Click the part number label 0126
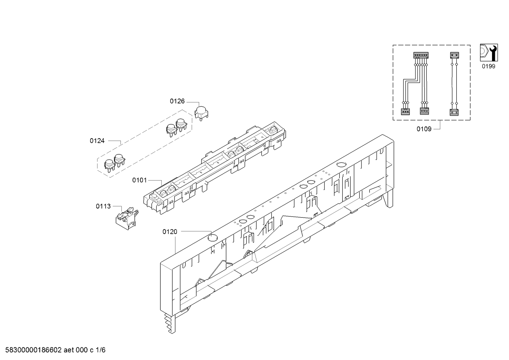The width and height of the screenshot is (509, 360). [177, 101]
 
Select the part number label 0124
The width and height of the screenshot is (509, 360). [97, 141]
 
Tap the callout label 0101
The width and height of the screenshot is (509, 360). [139, 180]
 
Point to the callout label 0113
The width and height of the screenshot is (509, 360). [103, 206]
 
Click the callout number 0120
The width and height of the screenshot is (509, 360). [170, 232]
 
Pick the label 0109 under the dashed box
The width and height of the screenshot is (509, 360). [424, 129]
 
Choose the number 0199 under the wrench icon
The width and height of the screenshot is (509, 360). [489, 66]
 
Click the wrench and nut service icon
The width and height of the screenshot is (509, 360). [489, 53]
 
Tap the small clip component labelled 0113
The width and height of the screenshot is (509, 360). [127, 218]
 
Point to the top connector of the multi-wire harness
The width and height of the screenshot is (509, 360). [421, 55]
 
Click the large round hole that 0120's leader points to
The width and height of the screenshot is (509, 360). [213, 238]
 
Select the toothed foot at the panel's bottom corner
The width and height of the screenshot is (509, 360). [170, 324]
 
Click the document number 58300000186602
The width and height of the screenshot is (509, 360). [33, 350]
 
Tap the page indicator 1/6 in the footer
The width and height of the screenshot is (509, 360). [101, 350]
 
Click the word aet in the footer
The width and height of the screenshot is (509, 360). [68, 350]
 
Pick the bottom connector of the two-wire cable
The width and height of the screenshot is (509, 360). [454, 112]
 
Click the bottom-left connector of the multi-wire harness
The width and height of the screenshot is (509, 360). [405, 112]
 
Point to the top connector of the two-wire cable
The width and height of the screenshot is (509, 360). [455, 55]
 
